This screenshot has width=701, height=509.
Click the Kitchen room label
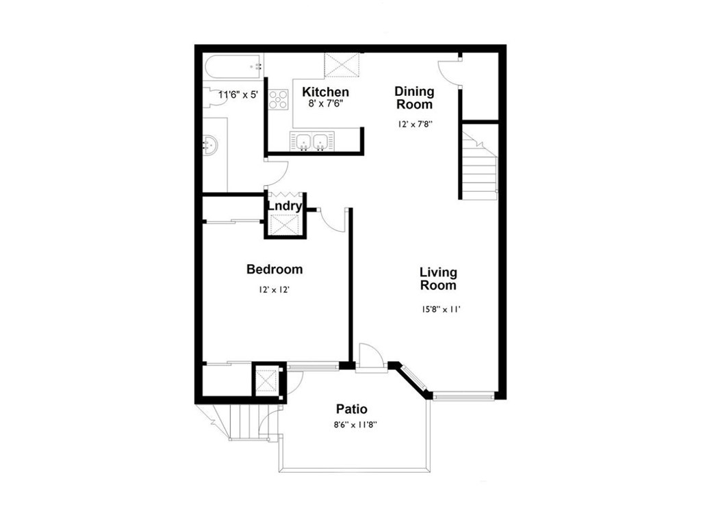click(325, 92)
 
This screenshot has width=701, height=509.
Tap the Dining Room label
click(414, 98)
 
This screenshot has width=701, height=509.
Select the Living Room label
click(438, 278)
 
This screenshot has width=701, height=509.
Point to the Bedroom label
click(275, 269)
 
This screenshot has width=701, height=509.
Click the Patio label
click(352, 409)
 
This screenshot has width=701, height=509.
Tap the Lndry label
click(285, 206)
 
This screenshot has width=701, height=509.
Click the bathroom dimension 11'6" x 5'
click(238, 94)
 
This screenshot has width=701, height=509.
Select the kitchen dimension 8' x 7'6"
click(325, 104)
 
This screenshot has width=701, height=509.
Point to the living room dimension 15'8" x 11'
click(440, 309)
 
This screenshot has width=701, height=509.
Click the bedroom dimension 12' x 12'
click(274, 289)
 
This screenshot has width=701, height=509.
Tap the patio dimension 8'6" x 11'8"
click(355, 425)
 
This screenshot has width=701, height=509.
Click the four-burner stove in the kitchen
click(278, 100)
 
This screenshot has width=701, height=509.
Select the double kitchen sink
click(312, 142)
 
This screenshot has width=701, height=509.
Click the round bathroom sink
click(210, 144)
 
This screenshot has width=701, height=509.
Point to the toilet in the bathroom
click(216, 97)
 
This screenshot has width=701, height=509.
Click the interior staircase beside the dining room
click(479, 162)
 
